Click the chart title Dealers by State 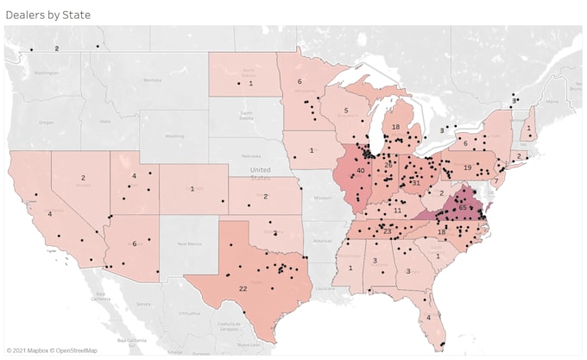click(x=47, y=16)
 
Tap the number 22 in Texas click(x=243, y=288)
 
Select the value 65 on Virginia click(x=463, y=208)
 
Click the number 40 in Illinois click(x=360, y=170)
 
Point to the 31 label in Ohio click(x=415, y=182)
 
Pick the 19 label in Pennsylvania click(x=467, y=167)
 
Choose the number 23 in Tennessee click(x=388, y=231)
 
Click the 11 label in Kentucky click(x=397, y=211)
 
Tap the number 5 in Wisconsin click(x=345, y=111)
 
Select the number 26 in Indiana click(x=388, y=165)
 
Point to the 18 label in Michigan click(x=395, y=127)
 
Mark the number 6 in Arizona click(x=134, y=244)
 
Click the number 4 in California click(x=49, y=213)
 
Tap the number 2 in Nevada click(x=84, y=178)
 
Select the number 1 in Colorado click(x=192, y=189)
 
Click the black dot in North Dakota click(x=238, y=83)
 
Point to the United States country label click(x=260, y=173)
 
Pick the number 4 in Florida click(x=429, y=316)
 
